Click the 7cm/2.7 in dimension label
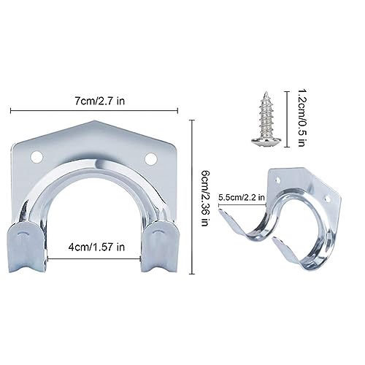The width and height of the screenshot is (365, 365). (99, 101)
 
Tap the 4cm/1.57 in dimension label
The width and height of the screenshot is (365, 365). (96, 247)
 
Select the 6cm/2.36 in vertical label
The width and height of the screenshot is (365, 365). (206, 199)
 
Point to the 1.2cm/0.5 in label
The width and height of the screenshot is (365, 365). (301, 118)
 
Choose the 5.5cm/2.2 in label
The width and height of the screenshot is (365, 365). (242, 197)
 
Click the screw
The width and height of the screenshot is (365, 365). (266, 118)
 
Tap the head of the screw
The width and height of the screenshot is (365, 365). (266, 141)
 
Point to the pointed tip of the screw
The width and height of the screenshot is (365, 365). (266, 92)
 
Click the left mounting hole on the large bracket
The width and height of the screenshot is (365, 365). (37, 157)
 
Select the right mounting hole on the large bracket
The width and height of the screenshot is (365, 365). (151, 158)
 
